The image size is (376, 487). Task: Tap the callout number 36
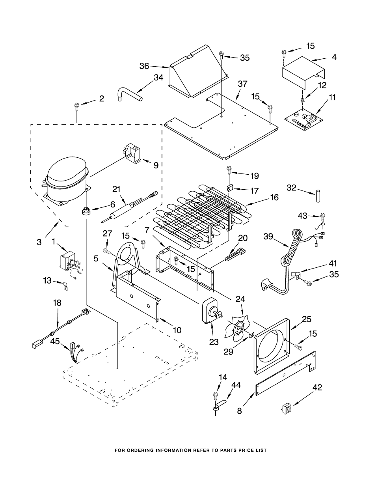pyautogui.click(x=144, y=66)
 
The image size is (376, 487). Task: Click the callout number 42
pyautogui.click(x=317, y=388)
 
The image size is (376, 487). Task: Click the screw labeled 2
pyautogui.click(x=76, y=105)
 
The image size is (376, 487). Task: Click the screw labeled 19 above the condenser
pyautogui.click(x=229, y=171)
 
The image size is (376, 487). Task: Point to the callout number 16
pyautogui.click(x=274, y=197)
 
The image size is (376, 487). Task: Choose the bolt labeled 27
pyautogui.click(x=107, y=250)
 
